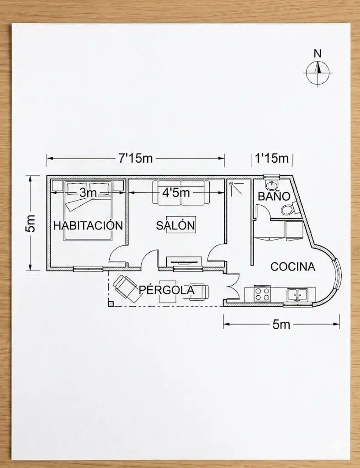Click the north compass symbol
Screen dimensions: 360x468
[x=318, y=73]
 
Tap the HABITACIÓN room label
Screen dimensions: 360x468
[x=88, y=225]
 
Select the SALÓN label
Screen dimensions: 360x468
[x=175, y=225]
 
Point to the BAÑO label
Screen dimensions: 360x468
[x=274, y=197]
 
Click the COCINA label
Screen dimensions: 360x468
[x=293, y=266]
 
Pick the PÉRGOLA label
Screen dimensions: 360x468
[x=167, y=290]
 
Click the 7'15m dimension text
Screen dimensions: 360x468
[x=136, y=158]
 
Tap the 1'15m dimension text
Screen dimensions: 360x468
[x=272, y=158]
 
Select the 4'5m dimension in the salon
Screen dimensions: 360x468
[x=176, y=193]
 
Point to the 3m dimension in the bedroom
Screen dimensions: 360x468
[x=88, y=193]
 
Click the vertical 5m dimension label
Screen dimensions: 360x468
[x=31, y=223]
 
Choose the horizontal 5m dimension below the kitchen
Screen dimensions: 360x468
[x=281, y=324]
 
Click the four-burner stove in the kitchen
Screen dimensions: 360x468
[x=262, y=293]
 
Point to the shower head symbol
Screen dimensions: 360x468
[x=232, y=184]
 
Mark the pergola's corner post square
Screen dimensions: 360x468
[x=111, y=304]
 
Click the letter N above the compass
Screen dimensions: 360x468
[x=318, y=54]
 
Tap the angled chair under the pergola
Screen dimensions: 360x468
[x=127, y=288]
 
